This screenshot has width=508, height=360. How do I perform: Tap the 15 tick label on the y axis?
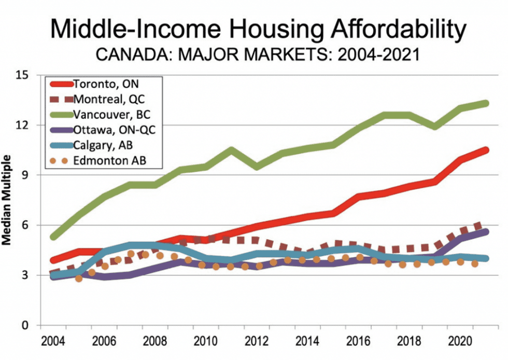click(26, 75)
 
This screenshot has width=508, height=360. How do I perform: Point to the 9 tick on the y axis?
click(30, 175)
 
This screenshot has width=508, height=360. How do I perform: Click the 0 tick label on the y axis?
click(30, 325)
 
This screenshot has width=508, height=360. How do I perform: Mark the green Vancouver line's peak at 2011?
click(231, 150)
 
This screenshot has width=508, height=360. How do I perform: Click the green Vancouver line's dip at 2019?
click(434, 127)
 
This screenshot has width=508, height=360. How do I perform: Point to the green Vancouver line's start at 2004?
click(53, 237)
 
